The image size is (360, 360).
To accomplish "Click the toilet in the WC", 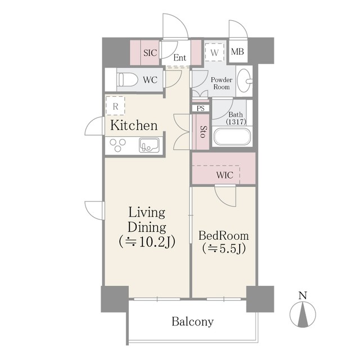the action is (127, 80).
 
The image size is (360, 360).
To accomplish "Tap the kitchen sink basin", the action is (149, 145).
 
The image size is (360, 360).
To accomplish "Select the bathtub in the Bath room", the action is (232, 137).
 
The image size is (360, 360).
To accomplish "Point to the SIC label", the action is (150, 53).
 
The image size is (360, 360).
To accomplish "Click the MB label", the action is (237, 52).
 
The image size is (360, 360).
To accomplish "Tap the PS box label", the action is (200, 108).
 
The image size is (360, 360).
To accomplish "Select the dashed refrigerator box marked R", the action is (115, 106).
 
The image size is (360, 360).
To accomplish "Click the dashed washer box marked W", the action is (214, 52).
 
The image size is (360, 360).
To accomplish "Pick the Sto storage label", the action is (202, 132).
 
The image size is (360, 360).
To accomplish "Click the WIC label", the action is (225, 175).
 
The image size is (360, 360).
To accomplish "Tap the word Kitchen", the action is (134, 125).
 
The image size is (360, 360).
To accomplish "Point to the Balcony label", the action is (192, 321).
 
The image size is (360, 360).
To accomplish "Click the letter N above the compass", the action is (303, 295).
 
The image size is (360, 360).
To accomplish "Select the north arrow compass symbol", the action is (303, 314).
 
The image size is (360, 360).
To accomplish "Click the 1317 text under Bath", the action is (236, 121).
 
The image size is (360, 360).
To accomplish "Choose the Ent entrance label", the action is (180, 57).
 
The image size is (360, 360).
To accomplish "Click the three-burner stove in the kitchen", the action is (118, 145).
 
